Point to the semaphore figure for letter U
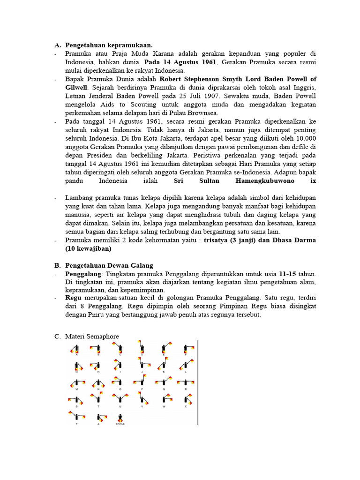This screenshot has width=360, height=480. (120, 399)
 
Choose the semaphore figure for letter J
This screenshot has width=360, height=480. (143, 364)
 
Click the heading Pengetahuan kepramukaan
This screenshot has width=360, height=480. (109, 45)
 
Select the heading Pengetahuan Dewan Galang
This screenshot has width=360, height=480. (109, 266)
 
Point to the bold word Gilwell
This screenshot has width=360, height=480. (76, 88)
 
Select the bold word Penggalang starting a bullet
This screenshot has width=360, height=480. (83, 273)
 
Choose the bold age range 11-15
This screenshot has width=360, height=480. (288, 273)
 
